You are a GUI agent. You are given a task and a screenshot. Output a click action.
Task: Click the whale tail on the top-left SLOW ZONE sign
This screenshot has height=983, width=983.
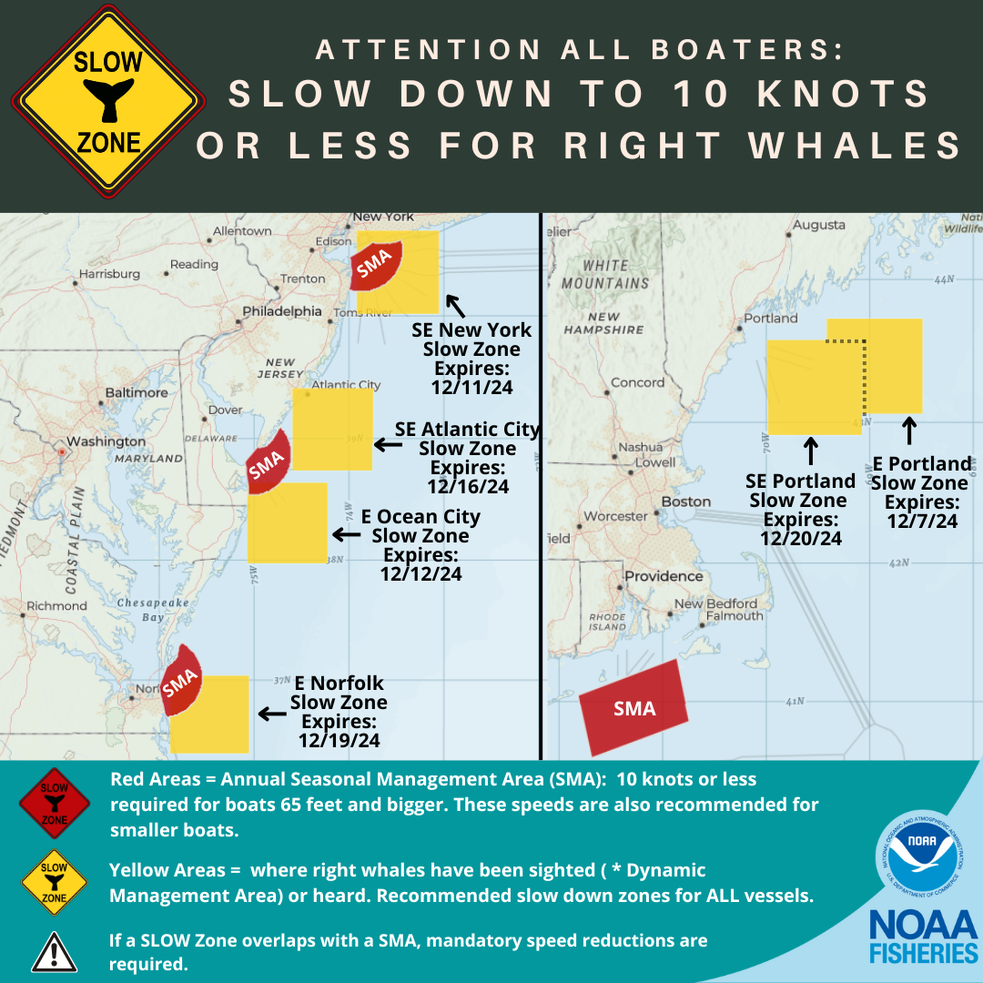pyautogui.click(x=108, y=99)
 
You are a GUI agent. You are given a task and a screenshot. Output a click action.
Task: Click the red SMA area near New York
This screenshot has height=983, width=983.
pyautogui.click(x=374, y=267)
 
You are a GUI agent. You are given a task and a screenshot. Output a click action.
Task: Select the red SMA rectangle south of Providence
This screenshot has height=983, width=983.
pyautogui.click(x=634, y=708)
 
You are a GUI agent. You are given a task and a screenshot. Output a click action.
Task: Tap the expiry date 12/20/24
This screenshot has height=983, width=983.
pyautogui.click(x=802, y=538)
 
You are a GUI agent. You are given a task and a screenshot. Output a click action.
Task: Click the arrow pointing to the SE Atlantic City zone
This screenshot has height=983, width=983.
pyautogui.click(x=389, y=444)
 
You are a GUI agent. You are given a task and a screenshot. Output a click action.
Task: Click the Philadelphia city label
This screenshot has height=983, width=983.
pyautogui.click(x=282, y=311)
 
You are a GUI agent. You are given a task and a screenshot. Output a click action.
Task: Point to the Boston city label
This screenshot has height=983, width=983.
pyautogui.click(x=686, y=502)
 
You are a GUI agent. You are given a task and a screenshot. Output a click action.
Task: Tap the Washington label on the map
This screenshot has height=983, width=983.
pyautogui.click(x=106, y=441)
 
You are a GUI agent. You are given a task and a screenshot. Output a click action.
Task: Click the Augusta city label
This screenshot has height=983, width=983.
pyautogui.click(x=819, y=225)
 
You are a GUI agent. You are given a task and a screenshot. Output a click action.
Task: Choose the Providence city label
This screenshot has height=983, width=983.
pyautogui.click(x=664, y=576)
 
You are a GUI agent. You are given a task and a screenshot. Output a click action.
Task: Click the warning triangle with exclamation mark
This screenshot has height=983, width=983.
pyautogui.click(x=54, y=951)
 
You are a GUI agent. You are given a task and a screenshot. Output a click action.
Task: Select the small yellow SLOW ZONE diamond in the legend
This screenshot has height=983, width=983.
pyautogui.click(x=54, y=881)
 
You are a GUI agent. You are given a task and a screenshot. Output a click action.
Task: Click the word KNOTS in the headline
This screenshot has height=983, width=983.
pyautogui.click(x=854, y=95)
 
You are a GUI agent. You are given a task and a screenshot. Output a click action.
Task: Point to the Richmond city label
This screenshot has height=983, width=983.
pyautogui.click(x=57, y=605)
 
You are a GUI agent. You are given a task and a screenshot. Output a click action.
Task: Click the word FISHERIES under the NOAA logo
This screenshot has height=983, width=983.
pyautogui.click(x=922, y=954)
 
